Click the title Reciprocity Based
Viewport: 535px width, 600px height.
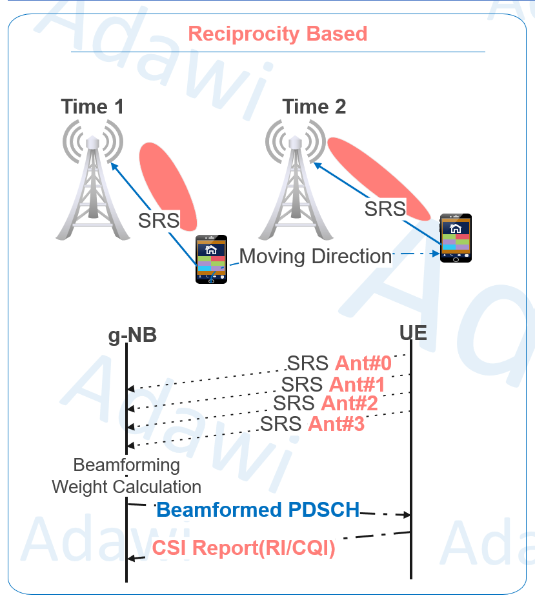278,34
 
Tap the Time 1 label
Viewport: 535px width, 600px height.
92,106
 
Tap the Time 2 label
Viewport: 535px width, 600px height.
314,106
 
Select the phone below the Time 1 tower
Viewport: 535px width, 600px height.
211,259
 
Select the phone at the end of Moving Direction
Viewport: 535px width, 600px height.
456,238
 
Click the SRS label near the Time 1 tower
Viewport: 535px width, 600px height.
159,220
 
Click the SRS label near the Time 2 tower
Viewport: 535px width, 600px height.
385,209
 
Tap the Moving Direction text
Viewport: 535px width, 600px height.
316,256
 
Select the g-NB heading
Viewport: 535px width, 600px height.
132,335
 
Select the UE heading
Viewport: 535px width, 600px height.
413,334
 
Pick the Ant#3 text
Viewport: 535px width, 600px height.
336,424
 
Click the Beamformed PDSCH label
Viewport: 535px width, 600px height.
257,510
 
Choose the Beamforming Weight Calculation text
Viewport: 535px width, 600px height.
126,475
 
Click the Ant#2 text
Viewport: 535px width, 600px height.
349,403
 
